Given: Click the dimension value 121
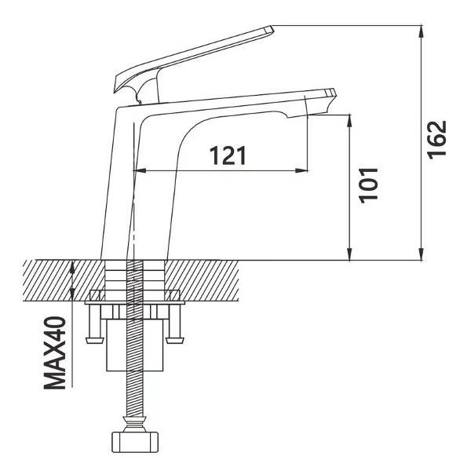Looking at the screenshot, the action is point(228,155).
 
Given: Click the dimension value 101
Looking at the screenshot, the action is point(369,185).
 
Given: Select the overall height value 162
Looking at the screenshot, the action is point(437,140).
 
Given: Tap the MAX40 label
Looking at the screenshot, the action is point(55,352).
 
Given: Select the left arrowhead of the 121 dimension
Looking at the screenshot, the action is point(139,170).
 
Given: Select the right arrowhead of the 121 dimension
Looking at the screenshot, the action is point(302,170).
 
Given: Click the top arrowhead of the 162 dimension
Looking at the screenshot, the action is point(422,31).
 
